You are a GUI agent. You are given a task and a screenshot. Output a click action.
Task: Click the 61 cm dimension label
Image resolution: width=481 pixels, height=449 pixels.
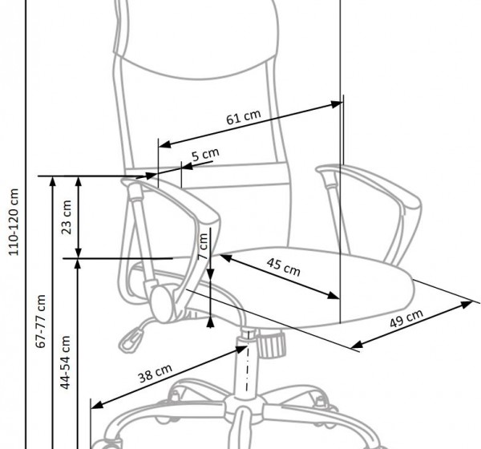click(x=243, y=118)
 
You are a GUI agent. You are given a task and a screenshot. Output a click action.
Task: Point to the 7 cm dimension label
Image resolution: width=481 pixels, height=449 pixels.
click(x=204, y=241)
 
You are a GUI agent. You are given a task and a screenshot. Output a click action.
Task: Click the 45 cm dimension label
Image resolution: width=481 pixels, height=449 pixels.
click(x=283, y=266)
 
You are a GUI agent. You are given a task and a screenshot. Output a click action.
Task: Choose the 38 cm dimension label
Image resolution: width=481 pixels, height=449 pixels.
click(x=153, y=374)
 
